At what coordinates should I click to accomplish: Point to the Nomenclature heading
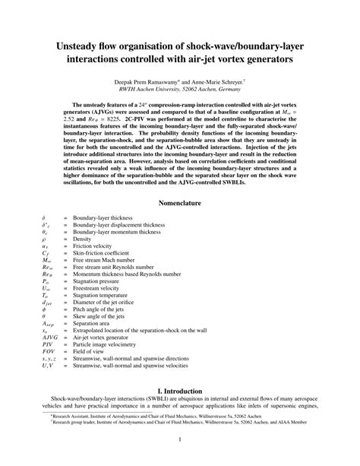179,204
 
